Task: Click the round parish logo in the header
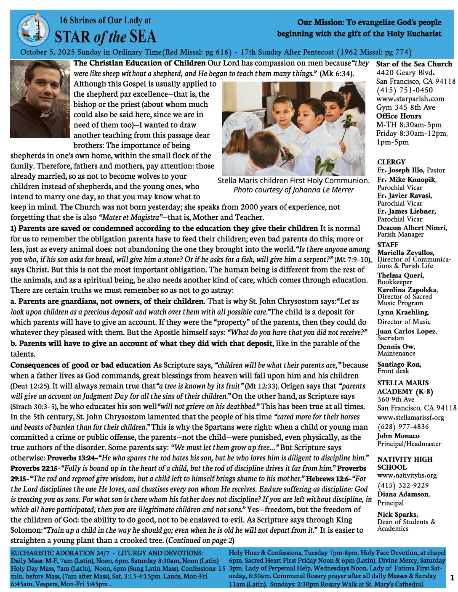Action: click(33, 30)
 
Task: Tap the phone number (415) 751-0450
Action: click(404, 90)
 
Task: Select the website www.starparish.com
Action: click(410, 99)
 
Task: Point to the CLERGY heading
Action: click(391, 162)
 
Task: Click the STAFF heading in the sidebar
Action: click(387, 245)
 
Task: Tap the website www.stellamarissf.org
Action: click(410, 418)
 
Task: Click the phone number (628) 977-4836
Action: click(403, 427)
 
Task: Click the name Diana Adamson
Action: click(403, 494)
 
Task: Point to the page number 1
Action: click(452, 578)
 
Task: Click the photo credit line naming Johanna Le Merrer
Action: click(293, 190)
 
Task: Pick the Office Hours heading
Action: click(399, 116)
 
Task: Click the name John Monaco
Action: click(398, 436)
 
